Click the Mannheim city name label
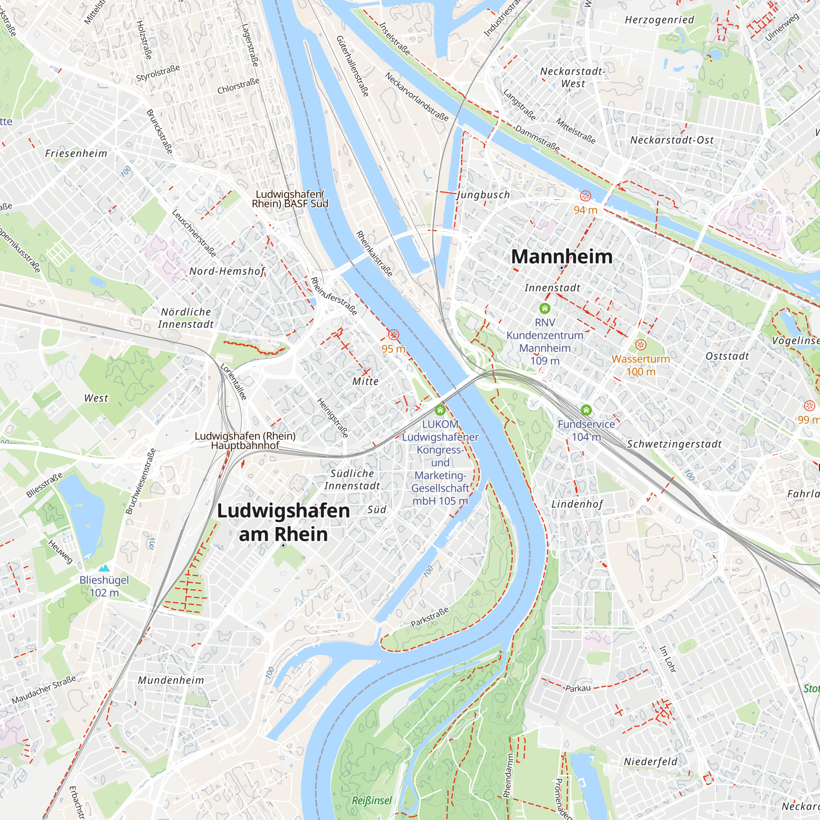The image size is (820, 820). coord(562,257)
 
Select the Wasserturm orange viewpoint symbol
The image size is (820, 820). coord(640,345)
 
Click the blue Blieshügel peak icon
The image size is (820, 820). coord(104,568)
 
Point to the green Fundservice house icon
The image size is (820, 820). coord(586,410)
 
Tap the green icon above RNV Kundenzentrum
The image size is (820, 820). coord(544,308)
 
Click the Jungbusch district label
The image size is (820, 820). coord(483,195)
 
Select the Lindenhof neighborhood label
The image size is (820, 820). coord(577,504)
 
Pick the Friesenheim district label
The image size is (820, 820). coord(76,153)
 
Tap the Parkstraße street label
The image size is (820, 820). coord(430,617)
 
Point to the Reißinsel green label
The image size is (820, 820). coord(372,800)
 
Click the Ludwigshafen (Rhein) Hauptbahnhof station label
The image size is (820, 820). coord(245,441)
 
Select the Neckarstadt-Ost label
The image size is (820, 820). coord(672,140)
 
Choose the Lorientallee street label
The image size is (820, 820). coord(233,381)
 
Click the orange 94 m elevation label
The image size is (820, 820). coord(585,210)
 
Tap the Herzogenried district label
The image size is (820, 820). coord(660,20)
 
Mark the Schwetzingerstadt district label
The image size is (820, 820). coord(674,444)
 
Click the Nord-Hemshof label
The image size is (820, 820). coord(227,271)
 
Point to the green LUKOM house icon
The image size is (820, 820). coord(440,410)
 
